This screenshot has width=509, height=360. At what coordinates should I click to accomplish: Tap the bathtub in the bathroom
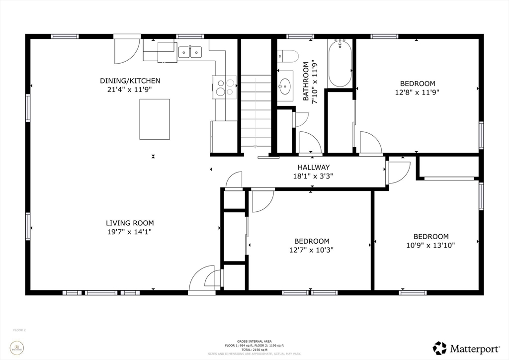[340, 64]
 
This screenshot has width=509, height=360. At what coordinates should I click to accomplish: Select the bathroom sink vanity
[285, 86]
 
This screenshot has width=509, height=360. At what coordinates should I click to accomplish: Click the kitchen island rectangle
[155, 119]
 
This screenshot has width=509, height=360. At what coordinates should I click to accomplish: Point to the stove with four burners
[224, 88]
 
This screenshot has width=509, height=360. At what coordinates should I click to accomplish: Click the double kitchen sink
[189, 51]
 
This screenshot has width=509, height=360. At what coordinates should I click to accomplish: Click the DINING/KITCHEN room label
[130, 81]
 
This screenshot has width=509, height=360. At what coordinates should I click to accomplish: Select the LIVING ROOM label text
[130, 223]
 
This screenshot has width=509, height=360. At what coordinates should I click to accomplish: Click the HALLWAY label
[314, 168]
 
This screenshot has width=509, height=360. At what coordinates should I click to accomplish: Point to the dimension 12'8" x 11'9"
[418, 92]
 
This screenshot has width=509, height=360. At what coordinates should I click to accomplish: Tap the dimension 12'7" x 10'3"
[312, 250]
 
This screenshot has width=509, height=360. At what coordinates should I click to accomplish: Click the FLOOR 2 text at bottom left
[19, 330]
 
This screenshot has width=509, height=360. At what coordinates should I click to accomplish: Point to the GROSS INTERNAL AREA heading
[254, 341]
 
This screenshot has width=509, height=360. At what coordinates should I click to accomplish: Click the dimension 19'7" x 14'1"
[130, 231]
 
